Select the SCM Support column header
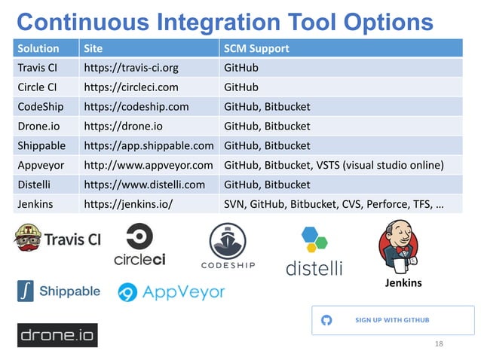257,49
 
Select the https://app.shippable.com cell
149,145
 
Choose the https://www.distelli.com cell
144,185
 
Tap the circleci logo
140,246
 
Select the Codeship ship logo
228,246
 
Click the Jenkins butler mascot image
400,249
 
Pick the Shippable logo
59,291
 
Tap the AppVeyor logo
171,292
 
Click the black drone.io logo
57,334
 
